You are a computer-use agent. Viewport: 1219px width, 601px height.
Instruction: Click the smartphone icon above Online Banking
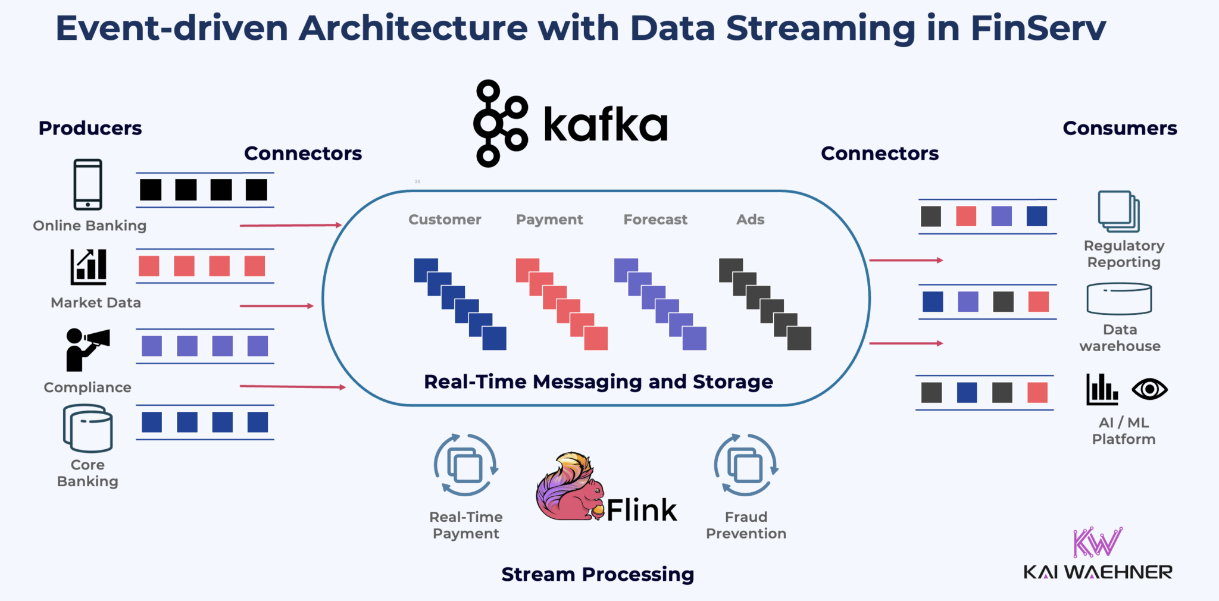click(x=88, y=184)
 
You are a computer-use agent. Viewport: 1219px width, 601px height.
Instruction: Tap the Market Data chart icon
click(x=89, y=267)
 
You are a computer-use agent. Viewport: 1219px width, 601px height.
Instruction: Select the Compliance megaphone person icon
click(x=86, y=349)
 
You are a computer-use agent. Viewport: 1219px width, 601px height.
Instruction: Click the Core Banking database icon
click(x=88, y=428)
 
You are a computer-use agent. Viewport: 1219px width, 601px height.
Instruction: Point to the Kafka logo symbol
click(x=499, y=124)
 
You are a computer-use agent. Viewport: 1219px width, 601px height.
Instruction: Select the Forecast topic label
click(x=655, y=220)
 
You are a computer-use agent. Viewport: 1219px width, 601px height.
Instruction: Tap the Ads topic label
click(x=750, y=220)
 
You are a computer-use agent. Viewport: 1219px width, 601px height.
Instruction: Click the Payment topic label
click(x=549, y=220)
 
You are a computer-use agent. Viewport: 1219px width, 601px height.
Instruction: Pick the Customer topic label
click(x=445, y=220)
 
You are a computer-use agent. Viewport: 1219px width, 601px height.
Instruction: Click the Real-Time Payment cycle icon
click(x=465, y=465)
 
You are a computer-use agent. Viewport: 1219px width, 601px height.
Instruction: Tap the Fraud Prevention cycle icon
click(x=746, y=465)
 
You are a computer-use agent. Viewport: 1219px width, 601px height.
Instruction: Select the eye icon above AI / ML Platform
click(x=1149, y=390)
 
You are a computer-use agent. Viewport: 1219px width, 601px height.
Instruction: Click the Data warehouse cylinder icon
click(x=1119, y=299)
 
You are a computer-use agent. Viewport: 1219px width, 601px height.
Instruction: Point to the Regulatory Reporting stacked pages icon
click(x=1118, y=211)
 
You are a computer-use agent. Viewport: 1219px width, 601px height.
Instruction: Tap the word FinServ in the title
click(x=1038, y=28)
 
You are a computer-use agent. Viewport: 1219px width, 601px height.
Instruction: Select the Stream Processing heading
click(x=598, y=574)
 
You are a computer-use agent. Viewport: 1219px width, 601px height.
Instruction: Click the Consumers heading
click(x=1120, y=128)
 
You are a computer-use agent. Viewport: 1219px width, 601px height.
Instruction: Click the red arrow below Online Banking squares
click(x=290, y=226)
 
